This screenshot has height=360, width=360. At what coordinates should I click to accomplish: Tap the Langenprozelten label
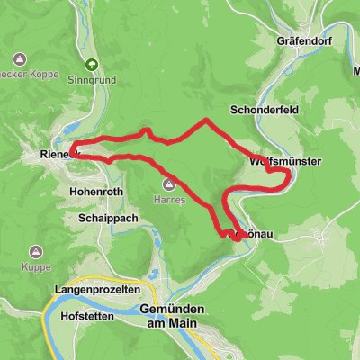96,289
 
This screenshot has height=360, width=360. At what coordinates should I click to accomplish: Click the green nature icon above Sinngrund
92,64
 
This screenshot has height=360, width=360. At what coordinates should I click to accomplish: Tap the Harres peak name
168,200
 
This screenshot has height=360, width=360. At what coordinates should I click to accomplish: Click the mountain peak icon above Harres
168,185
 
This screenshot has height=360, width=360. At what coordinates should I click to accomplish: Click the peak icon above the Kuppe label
37,252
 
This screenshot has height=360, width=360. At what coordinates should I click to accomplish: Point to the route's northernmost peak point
206,120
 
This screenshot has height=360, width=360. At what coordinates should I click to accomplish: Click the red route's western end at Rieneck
72,148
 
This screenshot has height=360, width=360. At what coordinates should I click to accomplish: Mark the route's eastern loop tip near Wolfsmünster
288,178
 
